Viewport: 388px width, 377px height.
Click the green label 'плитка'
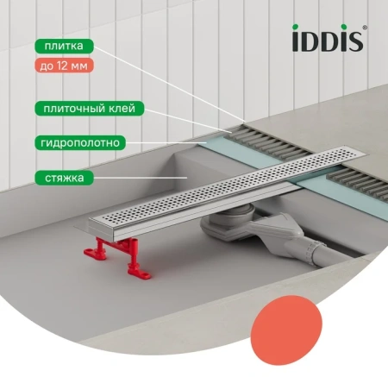coord(64,46)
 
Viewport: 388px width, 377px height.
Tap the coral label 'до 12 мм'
coord(64,66)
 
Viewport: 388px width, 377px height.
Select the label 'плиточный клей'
coord(90,109)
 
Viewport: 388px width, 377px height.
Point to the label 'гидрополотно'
coord(80,142)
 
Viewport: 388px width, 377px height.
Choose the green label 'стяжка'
coord(64,178)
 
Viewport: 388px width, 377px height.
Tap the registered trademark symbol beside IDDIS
coord(365,28)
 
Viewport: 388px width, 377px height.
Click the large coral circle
coord(286,330)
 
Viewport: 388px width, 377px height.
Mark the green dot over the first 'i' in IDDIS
coord(295,27)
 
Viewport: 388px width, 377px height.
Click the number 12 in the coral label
coord(62,66)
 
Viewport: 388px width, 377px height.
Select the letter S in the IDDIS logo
coord(356,41)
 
